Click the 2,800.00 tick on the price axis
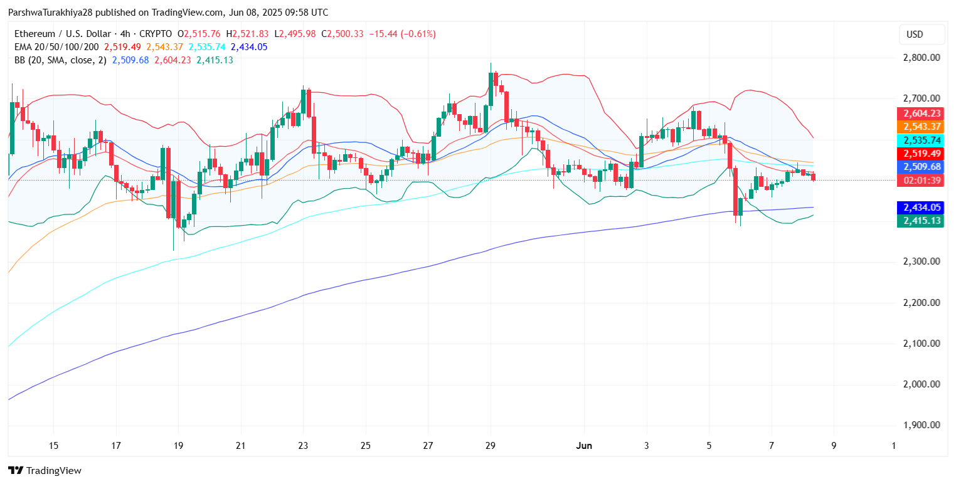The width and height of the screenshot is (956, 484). point(921,58)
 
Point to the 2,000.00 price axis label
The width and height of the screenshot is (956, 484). point(921,384)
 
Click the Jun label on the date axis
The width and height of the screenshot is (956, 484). point(584,446)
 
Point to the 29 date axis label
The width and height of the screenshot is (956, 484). point(491,446)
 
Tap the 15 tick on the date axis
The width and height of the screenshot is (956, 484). point(53,446)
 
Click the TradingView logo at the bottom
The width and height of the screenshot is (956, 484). point(45,470)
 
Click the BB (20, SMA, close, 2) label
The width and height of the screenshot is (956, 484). point(60,60)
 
